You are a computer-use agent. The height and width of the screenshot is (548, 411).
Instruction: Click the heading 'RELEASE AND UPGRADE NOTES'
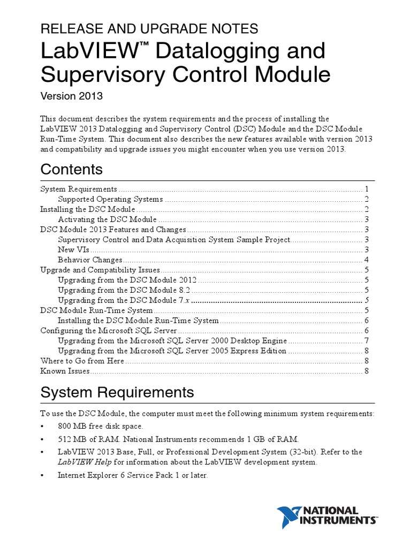coord(149,28)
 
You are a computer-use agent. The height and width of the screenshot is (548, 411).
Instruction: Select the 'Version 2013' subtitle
coord(71,97)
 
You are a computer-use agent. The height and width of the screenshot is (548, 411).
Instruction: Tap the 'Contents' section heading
coord(72,170)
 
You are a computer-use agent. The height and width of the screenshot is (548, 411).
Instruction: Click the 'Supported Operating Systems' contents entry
coord(110,199)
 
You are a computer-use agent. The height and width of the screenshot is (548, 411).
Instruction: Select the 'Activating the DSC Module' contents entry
coord(107,219)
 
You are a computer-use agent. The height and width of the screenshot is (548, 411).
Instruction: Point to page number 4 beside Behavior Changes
coord(367,260)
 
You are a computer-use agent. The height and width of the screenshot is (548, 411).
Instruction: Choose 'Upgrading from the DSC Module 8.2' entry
coord(125,290)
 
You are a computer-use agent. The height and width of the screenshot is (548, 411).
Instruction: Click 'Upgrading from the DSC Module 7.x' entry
coord(124,300)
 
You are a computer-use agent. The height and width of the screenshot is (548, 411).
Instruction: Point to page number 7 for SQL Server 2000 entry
coord(367,341)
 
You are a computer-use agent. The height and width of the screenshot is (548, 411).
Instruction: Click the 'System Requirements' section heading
coord(117,393)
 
